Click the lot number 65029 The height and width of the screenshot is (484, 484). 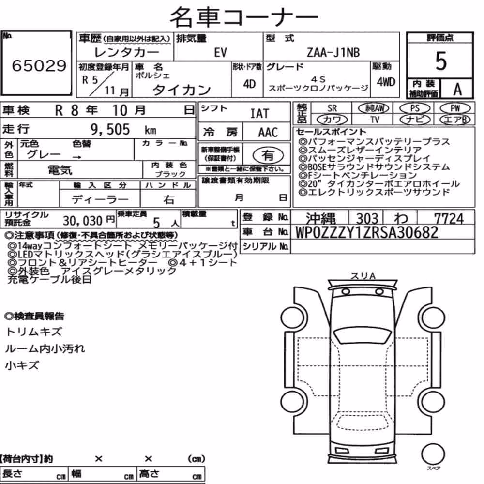pyautogui.click(x=39, y=65)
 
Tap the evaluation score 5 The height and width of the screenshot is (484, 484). pyautogui.click(x=441, y=61)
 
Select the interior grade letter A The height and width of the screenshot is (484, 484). pyautogui.click(x=457, y=90)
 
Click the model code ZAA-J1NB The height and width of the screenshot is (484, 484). pyautogui.click(x=333, y=52)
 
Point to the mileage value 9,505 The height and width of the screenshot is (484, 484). pyautogui.click(x=110, y=129)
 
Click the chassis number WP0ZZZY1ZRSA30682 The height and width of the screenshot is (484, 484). pyautogui.click(x=367, y=232)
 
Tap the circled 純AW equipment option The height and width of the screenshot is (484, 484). pyautogui.click(x=374, y=108)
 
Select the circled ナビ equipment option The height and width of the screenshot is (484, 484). pyautogui.click(x=415, y=120)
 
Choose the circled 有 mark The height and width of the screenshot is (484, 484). pyautogui.click(x=268, y=155)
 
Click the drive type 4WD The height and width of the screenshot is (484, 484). pyautogui.click(x=386, y=82)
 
